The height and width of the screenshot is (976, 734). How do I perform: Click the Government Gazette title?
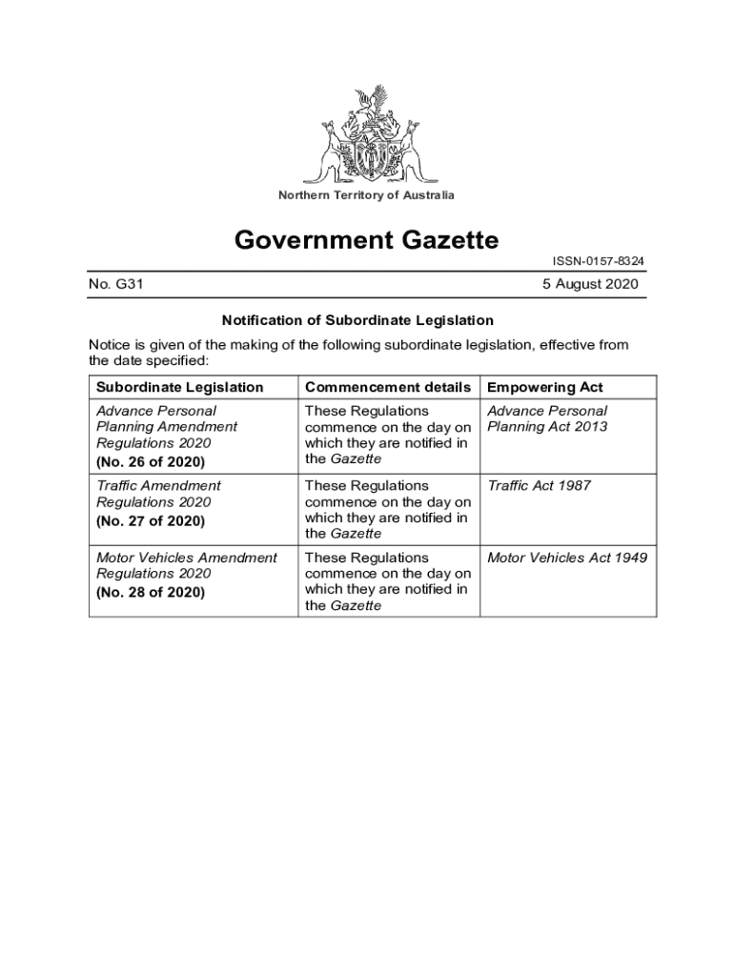[x=367, y=240]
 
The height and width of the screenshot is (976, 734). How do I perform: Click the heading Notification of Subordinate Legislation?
[x=357, y=320]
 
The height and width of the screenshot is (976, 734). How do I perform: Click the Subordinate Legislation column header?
[x=180, y=387]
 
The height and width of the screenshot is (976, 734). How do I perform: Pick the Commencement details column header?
[x=387, y=387]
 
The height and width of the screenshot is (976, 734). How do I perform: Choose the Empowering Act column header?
[x=545, y=387]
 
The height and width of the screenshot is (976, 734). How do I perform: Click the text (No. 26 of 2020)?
[x=151, y=462]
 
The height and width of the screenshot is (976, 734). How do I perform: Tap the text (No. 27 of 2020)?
[x=151, y=521]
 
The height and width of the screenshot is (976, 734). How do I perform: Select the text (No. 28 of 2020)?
[x=151, y=593]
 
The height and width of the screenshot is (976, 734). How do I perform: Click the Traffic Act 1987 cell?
[x=539, y=486]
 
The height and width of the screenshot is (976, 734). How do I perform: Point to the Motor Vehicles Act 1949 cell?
[x=567, y=558]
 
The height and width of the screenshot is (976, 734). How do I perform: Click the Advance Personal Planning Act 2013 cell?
[x=547, y=418]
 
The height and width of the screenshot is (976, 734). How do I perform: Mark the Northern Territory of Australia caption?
[x=366, y=195]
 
